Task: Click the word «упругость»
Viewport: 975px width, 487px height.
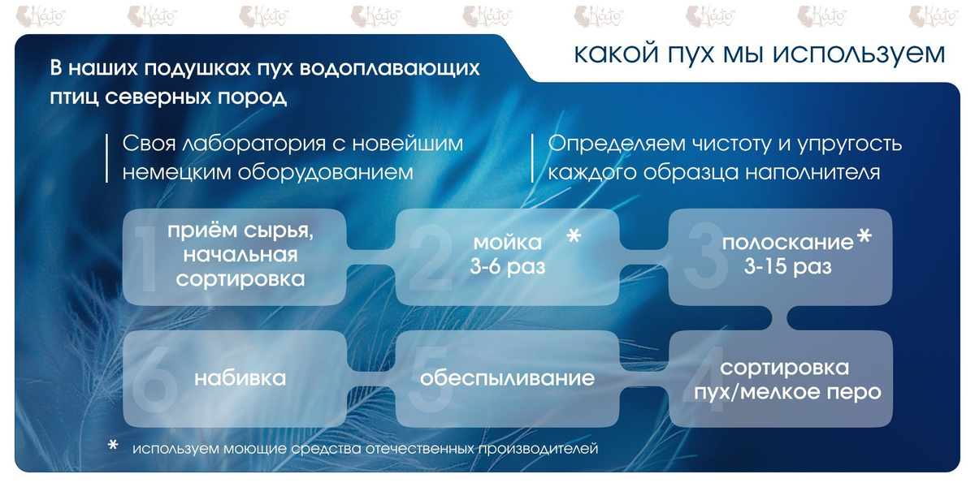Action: coord(850,144)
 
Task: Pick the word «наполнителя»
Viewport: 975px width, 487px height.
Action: coord(812,172)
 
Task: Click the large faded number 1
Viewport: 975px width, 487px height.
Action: coord(146,259)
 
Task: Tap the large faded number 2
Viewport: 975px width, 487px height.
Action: coord(431,257)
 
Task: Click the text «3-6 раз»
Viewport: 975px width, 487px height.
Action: coord(508,266)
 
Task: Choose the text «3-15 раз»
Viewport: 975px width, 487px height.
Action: coord(788,266)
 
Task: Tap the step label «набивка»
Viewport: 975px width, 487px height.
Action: coord(240,378)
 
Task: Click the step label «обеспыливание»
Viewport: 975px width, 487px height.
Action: coord(507,378)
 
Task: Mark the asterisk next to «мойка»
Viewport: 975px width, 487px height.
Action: coord(574,236)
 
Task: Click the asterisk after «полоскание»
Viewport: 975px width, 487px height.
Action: coord(864,236)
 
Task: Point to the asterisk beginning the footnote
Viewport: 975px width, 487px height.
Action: coord(113,445)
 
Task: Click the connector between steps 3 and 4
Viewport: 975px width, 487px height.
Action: coord(779,318)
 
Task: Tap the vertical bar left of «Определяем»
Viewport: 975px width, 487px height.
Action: coord(532,157)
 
